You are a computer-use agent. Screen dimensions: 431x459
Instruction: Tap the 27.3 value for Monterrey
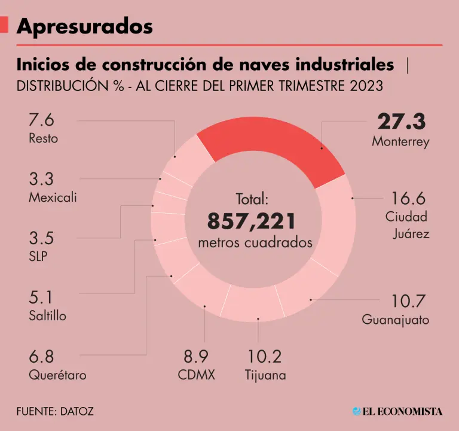point(401,122)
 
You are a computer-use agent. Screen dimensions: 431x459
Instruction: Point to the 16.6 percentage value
point(409,198)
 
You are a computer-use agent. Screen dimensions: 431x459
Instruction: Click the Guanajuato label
point(396,320)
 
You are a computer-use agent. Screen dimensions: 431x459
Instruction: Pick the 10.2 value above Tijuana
point(264,357)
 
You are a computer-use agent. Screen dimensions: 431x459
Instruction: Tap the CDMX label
point(196,375)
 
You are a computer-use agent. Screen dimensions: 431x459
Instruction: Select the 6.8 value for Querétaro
point(41,357)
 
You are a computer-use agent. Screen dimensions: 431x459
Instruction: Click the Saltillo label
point(47,315)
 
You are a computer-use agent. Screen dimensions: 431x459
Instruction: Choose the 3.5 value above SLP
point(41,238)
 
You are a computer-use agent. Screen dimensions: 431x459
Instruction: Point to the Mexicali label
point(53,197)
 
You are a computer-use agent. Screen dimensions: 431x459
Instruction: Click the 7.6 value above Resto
point(41,120)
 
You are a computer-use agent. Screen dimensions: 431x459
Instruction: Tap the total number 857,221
point(252,221)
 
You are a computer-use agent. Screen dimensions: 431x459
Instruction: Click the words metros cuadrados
point(255,243)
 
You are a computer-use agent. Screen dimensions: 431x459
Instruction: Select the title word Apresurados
point(84,26)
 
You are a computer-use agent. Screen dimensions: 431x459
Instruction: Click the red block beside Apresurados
point(4,25)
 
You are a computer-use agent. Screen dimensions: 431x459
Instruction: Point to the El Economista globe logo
point(357,411)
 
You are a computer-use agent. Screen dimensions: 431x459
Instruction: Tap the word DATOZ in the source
point(77,412)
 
